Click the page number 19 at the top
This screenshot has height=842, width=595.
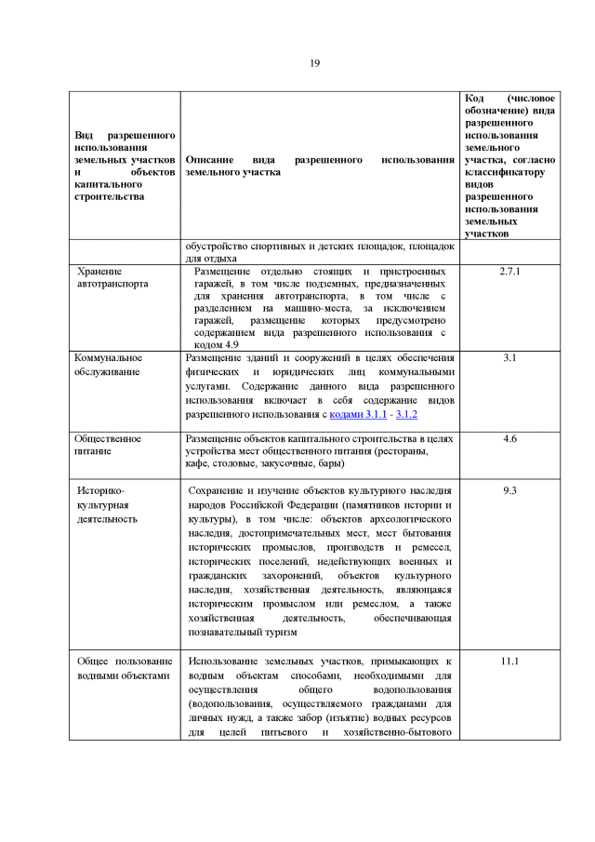tap(315, 62)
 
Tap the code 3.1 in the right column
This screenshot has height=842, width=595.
tap(509, 357)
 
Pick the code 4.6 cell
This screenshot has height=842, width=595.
tap(509, 437)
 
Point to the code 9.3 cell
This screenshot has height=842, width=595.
tap(509, 489)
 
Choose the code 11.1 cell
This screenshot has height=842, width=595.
tap(509, 661)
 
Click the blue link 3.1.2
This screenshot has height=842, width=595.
tap(405, 413)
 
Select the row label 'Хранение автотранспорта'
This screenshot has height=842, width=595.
tap(112, 277)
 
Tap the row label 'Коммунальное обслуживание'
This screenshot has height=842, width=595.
tap(110, 365)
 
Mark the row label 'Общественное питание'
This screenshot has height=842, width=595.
tap(108, 444)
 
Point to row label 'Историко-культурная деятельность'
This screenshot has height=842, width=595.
tap(108, 504)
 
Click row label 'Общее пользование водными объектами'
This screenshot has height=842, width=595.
tap(124, 668)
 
